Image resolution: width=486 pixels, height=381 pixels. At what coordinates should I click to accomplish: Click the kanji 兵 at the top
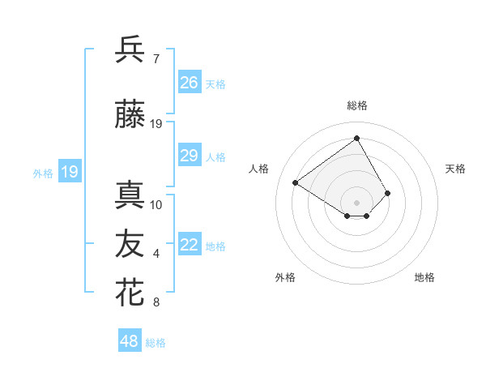click(130, 49)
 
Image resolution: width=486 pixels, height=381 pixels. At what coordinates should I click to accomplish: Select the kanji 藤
click(130, 114)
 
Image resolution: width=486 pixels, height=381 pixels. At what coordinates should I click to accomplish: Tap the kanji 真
click(130, 195)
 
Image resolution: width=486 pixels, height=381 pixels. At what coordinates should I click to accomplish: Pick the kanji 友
click(130, 244)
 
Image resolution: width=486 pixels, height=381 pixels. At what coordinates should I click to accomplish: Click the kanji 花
click(130, 293)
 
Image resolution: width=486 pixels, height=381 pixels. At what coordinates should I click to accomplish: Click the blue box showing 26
click(190, 82)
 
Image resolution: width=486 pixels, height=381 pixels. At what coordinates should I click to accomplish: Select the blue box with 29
click(190, 156)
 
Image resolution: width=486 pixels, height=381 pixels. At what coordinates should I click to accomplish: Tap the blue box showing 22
click(190, 245)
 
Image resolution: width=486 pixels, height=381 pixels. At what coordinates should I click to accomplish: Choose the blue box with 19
click(70, 171)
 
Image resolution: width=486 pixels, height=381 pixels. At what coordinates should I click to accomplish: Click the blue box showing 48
click(130, 341)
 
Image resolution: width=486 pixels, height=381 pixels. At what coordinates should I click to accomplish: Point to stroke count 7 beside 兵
click(156, 59)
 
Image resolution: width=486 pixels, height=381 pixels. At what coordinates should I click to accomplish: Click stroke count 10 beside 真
click(156, 204)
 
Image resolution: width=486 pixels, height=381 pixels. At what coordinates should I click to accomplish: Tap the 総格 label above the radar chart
click(357, 105)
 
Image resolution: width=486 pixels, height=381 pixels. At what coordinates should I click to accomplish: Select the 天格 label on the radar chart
click(455, 169)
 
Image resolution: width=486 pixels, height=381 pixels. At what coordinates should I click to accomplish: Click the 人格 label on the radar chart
click(259, 169)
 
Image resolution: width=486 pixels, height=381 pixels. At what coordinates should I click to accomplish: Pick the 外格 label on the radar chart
click(285, 277)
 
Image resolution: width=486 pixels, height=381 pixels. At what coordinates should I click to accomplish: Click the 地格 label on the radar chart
click(424, 277)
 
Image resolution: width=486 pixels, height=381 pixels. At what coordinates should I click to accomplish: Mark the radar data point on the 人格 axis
click(296, 182)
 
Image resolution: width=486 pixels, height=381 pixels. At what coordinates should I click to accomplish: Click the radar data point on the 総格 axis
click(357, 138)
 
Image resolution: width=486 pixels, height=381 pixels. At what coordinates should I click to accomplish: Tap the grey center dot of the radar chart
click(357, 202)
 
